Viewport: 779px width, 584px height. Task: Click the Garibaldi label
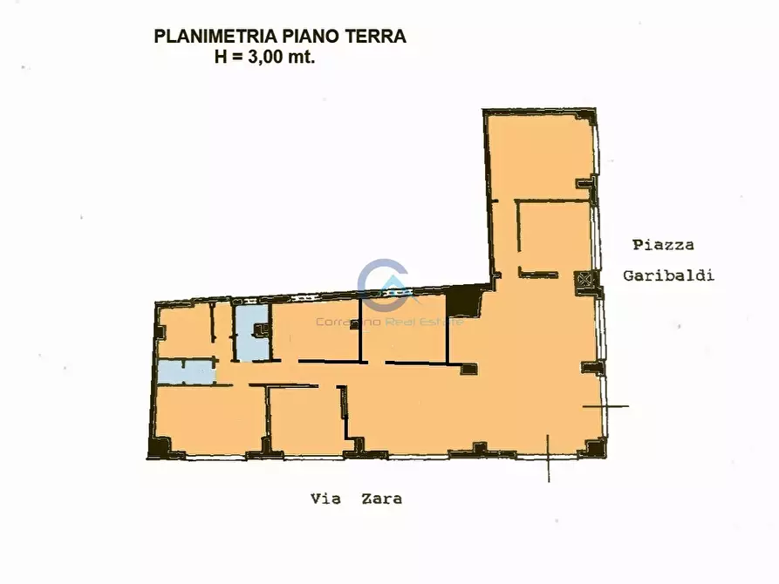click(x=668, y=275)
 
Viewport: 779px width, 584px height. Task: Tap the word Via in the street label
click(x=325, y=499)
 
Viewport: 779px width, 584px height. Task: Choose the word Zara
click(x=381, y=499)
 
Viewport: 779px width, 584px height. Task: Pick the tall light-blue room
click(x=250, y=332)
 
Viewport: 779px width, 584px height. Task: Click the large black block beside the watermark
click(x=463, y=302)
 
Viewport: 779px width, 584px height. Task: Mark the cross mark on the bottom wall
click(x=548, y=458)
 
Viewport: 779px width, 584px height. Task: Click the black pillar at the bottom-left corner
click(x=159, y=448)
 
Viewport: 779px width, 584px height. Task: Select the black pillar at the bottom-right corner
click(x=595, y=448)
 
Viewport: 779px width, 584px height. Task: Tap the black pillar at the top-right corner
click(x=586, y=117)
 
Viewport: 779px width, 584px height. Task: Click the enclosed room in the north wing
click(x=555, y=236)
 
